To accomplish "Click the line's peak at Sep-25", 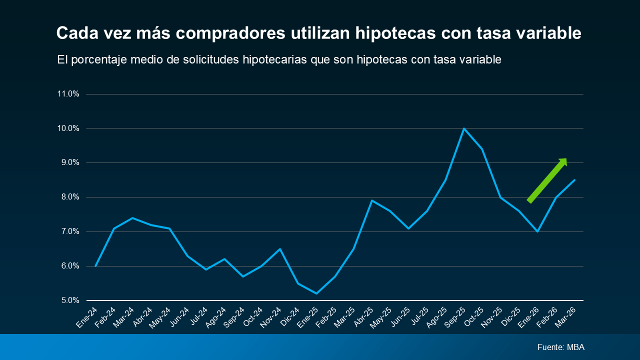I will click(464, 128).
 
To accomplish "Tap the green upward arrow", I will click(547, 180).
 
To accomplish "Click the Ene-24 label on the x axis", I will click(87, 318).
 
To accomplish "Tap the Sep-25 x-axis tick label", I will click(455, 318).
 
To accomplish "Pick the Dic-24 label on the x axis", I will click(290, 318).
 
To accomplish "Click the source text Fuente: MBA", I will click(560, 347).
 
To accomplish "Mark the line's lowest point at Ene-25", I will click(316, 293).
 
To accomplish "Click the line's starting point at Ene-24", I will click(95, 266).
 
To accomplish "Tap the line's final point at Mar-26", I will click(574, 180).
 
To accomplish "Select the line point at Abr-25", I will click(372, 200).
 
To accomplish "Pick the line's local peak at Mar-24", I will click(132, 218).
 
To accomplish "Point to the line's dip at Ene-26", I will click(537, 231).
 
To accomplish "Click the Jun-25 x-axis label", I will click(400, 318).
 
